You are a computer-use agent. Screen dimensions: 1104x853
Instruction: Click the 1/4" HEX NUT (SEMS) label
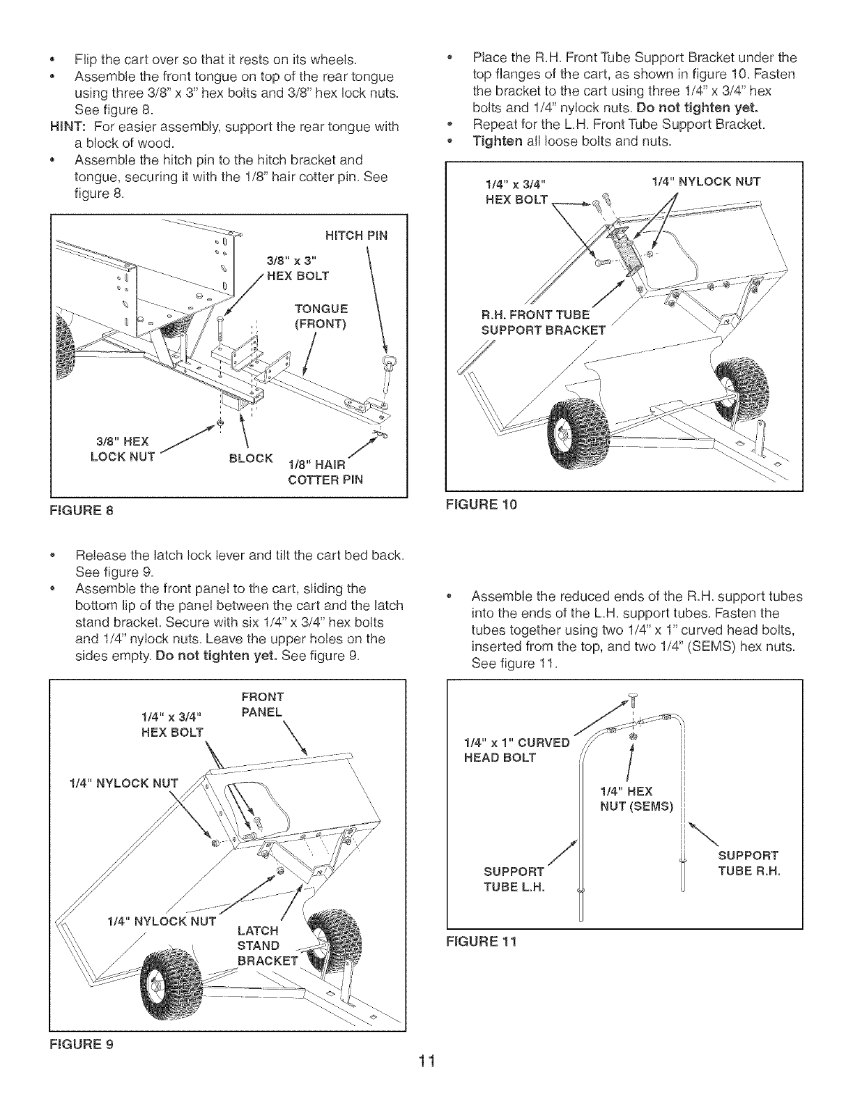coord(636,799)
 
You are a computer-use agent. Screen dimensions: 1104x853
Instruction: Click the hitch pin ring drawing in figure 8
coord(387,362)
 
